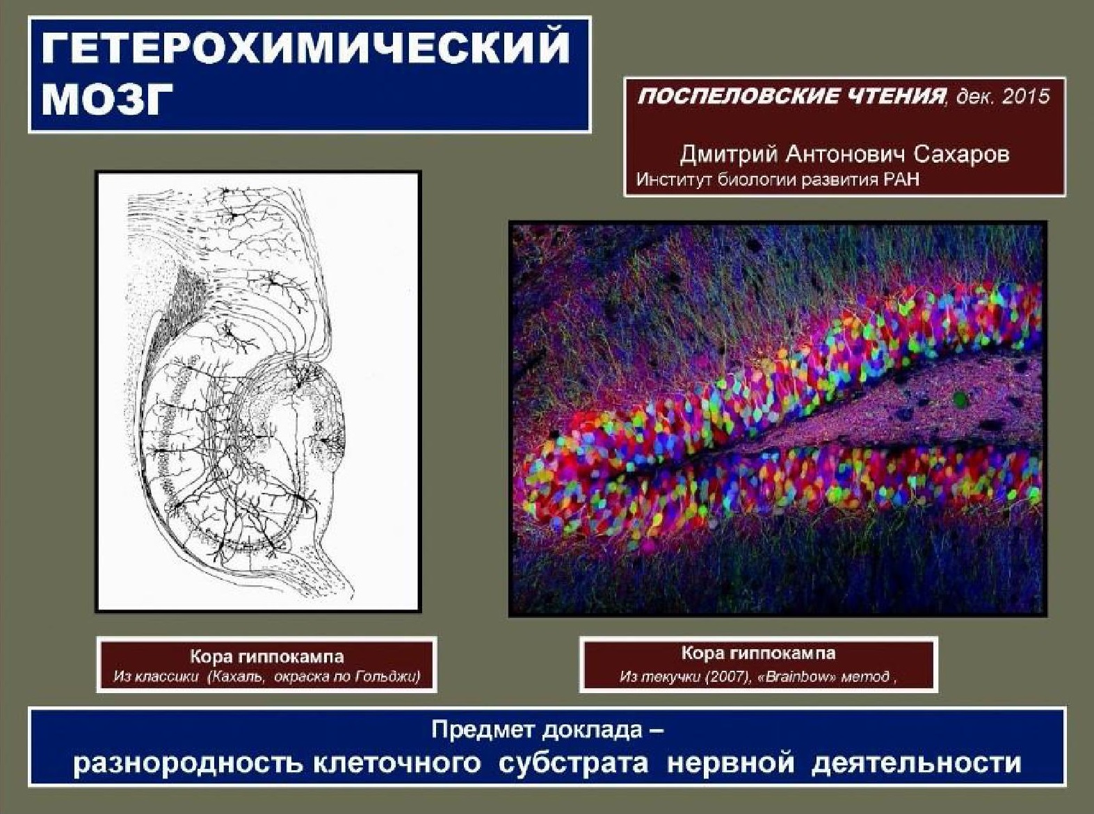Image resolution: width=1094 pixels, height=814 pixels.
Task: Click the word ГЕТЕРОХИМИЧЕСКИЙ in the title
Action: (x=306, y=49)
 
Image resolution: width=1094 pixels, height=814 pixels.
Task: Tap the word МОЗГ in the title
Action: (x=108, y=101)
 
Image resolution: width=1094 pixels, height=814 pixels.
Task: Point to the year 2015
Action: (x=1026, y=96)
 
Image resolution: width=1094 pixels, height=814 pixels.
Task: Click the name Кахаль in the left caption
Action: (x=237, y=676)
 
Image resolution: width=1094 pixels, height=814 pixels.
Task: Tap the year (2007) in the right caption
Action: (x=727, y=676)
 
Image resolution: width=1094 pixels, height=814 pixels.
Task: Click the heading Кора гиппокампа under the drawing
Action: (x=266, y=656)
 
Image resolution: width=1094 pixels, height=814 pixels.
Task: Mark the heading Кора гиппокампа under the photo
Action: (x=758, y=653)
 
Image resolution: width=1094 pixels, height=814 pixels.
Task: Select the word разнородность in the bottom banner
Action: (x=188, y=763)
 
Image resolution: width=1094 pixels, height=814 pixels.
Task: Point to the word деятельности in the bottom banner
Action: (x=917, y=763)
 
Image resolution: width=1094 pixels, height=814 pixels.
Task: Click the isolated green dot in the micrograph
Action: (x=960, y=399)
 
